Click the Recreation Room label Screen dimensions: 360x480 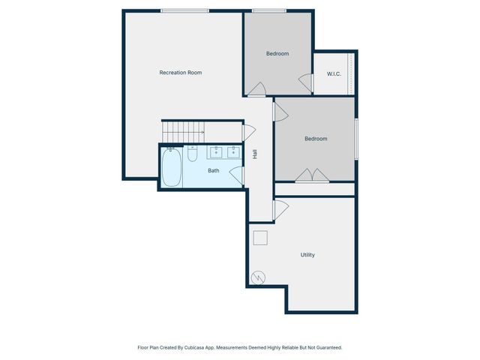pyautogui.click(x=181, y=73)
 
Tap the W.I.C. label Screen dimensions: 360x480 pyautogui.click(x=334, y=73)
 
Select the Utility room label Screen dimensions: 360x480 pyautogui.click(x=307, y=255)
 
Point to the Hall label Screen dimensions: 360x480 pyautogui.click(x=255, y=154)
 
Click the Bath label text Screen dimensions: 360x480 pyautogui.click(x=214, y=171)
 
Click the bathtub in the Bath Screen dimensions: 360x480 pyautogui.click(x=172, y=168)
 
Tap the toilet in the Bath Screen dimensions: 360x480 pyautogui.click(x=192, y=154)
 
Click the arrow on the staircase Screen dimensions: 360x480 pyautogui.click(x=200, y=133)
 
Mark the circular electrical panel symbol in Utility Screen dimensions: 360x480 pyautogui.click(x=258, y=277)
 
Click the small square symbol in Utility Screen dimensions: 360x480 pyautogui.click(x=260, y=238)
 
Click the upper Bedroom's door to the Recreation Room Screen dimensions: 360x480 pyautogui.click(x=256, y=90)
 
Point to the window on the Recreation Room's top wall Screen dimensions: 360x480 pyautogui.click(x=184, y=10)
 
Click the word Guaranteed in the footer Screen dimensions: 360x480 pyautogui.click(x=327, y=348)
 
